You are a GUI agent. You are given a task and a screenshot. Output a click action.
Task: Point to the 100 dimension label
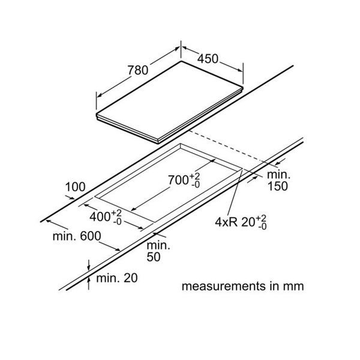pyautogui.click(x=75, y=187)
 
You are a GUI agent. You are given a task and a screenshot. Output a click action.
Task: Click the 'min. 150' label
pyautogui.click(x=277, y=181)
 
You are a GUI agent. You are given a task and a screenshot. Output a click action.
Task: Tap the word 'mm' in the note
pyautogui.click(x=294, y=286)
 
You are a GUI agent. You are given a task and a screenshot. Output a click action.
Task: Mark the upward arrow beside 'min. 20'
pyautogui.click(x=89, y=280)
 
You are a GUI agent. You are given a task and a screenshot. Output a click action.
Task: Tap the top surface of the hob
pyautogui.click(x=174, y=99)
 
